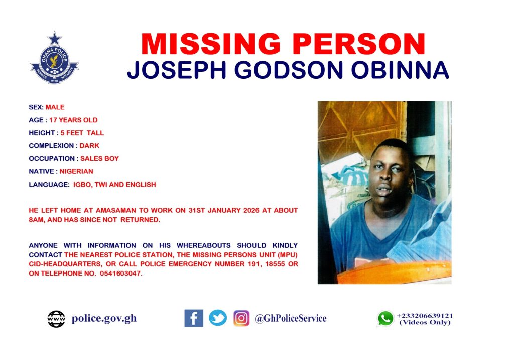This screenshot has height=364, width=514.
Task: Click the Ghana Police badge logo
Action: pyautogui.click(x=54, y=58)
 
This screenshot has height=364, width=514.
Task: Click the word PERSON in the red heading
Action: pyautogui.click(x=359, y=44)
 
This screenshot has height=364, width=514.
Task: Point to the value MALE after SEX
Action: pyautogui.click(x=55, y=107)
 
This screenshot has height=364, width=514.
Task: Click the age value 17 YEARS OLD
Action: pyautogui.click(x=73, y=120)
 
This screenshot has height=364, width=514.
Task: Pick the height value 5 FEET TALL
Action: pyautogui.click(x=82, y=133)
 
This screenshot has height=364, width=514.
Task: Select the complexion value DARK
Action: pyautogui.click(x=89, y=146)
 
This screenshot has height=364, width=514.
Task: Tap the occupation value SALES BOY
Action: pyautogui.click(x=100, y=158)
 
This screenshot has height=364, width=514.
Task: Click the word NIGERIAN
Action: pyautogui.click(x=76, y=171)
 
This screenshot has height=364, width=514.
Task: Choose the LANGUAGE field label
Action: pyautogui.click(x=49, y=185)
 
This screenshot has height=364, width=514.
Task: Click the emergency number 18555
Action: pyautogui.click(x=275, y=264)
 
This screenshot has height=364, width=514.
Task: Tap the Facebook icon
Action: pyautogui.click(x=194, y=318)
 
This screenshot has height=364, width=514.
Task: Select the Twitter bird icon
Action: pyautogui.click(x=218, y=318)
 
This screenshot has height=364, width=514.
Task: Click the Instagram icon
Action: pyautogui.click(x=241, y=318)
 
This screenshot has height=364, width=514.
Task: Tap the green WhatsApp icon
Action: pyautogui.click(x=385, y=318)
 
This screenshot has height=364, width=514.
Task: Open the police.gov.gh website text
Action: pyautogui.click(x=104, y=319)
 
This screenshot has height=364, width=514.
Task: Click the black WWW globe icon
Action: pyautogui.click(x=56, y=319)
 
